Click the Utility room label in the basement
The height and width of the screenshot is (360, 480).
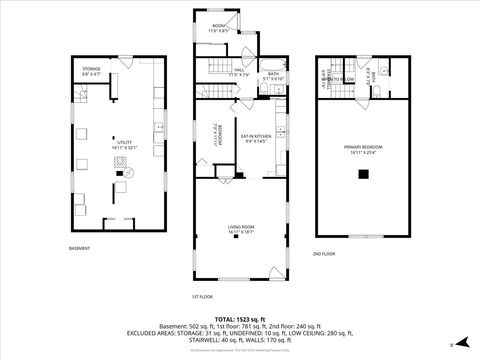point(124,145)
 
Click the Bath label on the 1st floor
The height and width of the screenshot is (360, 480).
point(273,75)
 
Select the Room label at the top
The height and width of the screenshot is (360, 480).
point(218,28)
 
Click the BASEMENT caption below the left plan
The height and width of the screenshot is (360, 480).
point(79,248)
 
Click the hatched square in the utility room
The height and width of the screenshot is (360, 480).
point(128,184)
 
